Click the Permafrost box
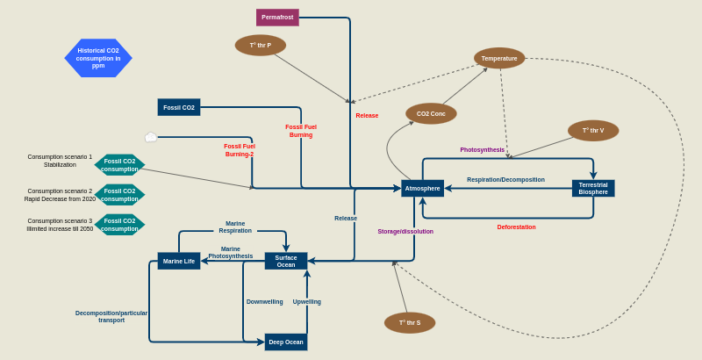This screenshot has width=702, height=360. tap(277, 18)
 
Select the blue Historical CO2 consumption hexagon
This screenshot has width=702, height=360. tap(98, 58)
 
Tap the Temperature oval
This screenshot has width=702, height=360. tap(499, 58)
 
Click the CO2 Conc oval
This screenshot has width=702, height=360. tap(431, 113)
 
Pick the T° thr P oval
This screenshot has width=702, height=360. tap(261, 45)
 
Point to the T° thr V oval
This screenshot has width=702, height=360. tap(593, 131)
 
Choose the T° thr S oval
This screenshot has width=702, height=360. tap(410, 322)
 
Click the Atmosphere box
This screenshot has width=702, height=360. tap(422, 188)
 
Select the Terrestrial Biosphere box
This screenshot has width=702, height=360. tap(593, 188)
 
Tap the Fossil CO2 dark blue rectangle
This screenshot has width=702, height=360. tap(179, 107)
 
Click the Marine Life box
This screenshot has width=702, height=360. tap(179, 261)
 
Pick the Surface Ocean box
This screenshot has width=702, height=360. tap(286, 261)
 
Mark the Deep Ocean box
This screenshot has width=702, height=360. tap(286, 342)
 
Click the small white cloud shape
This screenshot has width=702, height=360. tap(151, 137)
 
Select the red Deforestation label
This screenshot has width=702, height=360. tap(516, 227)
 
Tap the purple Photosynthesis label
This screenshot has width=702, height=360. tap(482, 150)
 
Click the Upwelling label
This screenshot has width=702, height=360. tap(306, 302)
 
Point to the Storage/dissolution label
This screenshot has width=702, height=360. tap(405, 232)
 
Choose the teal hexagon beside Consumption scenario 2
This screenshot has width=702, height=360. tap(119, 195)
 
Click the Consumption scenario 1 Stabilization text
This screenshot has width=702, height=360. tap(60, 161)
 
